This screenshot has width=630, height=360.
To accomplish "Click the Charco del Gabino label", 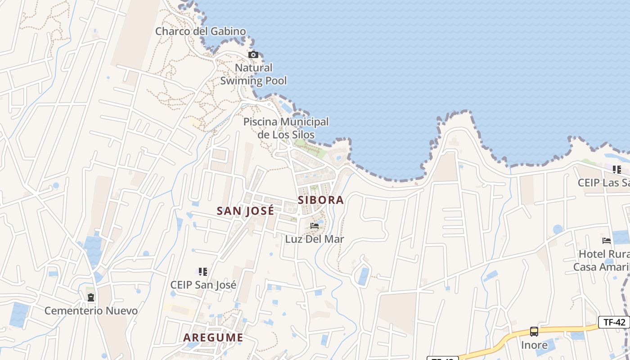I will pyautogui.click(x=201, y=31).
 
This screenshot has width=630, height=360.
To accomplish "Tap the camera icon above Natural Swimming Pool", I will pyautogui.click(x=253, y=54).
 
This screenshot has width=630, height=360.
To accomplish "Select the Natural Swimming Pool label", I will pyautogui.click(x=253, y=74).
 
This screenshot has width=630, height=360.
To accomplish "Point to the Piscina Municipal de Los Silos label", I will pyautogui.click(x=286, y=128).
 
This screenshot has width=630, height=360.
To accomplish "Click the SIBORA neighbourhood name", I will pyautogui.click(x=321, y=200).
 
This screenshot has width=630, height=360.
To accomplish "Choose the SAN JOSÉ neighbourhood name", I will pyautogui.click(x=245, y=211).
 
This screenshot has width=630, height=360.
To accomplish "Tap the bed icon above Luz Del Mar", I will pyautogui.click(x=315, y=225).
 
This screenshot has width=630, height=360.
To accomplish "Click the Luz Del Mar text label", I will pyautogui.click(x=315, y=239).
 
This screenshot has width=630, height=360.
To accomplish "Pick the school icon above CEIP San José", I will pyautogui.click(x=203, y=271).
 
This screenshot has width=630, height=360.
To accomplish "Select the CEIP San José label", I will pyautogui.click(x=203, y=285).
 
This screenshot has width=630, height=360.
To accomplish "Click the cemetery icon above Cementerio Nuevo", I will pyautogui.click(x=91, y=297).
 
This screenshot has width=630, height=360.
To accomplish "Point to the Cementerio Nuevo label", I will pyautogui.click(x=91, y=310).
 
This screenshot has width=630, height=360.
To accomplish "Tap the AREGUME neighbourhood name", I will pyautogui.click(x=213, y=337).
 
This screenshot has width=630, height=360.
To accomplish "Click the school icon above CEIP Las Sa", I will pyautogui.click(x=617, y=170).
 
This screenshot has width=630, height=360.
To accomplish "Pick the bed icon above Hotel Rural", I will pyautogui.click(x=607, y=241).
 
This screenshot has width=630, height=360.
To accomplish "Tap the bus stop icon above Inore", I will pyautogui.click(x=534, y=332).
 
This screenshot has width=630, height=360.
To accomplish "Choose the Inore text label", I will pyautogui.click(x=534, y=345).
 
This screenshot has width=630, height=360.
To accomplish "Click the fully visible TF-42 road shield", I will pyautogui.click(x=614, y=322).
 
